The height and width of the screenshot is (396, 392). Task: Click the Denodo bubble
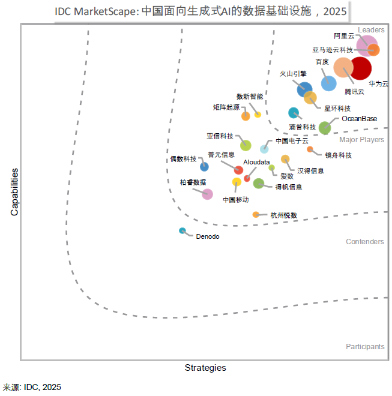tap(182, 230)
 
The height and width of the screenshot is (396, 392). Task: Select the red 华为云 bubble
tap(361, 68)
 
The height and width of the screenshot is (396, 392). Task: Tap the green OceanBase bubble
tap(325, 127)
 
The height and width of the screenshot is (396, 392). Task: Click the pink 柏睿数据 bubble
tap(207, 194)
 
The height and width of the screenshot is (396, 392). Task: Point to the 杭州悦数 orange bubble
tap(256, 214)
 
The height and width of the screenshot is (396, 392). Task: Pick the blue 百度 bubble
tap(328, 83)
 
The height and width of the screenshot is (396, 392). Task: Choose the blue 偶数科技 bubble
tap(205, 166)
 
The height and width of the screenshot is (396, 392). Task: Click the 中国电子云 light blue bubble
tap(264, 149)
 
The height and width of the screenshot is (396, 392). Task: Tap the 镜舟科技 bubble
tap(310, 149)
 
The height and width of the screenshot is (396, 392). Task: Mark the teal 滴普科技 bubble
tap(294, 112)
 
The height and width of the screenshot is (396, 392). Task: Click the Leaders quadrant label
tap(371, 30)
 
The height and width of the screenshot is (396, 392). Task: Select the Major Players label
tap(361, 140)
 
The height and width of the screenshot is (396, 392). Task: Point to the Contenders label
tap(365, 242)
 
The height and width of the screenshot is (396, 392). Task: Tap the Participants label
tap(365, 346)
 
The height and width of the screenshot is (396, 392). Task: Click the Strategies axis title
tap(205, 368)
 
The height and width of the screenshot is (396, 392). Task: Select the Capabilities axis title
tap(14, 192)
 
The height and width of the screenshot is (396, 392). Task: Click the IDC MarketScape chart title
tap(201, 11)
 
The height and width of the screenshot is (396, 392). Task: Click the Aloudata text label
tap(256, 162)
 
